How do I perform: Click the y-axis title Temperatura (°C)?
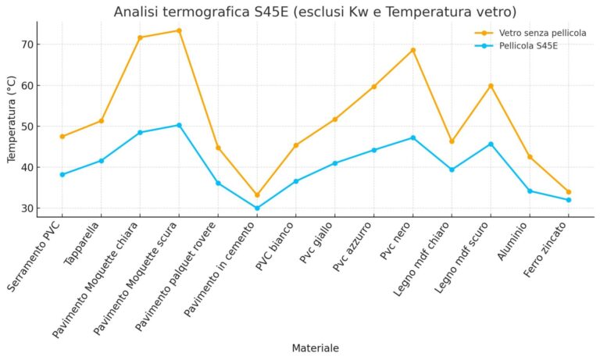pyautogui.click(x=11, y=119)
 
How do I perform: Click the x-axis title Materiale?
pyautogui.click(x=315, y=348)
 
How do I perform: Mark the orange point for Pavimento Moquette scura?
pyautogui.click(x=179, y=30)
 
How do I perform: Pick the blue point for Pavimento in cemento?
pyautogui.click(x=257, y=209)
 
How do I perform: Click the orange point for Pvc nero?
pyautogui.click(x=412, y=50)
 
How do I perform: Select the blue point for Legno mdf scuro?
pyautogui.click(x=491, y=144)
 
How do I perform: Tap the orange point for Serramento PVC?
pyautogui.click(x=62, y=137)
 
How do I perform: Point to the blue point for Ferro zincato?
pyautogui.click(x=569, y=200)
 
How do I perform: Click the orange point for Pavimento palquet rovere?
pyautogui.click(x=218, y=148)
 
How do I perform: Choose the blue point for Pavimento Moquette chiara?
pyautogui.click(x=140, y=133)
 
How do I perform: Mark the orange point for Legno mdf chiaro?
pyautogui.click(x=452, y=141)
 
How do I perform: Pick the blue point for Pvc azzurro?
pyautogui.click(x=373, y=150)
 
